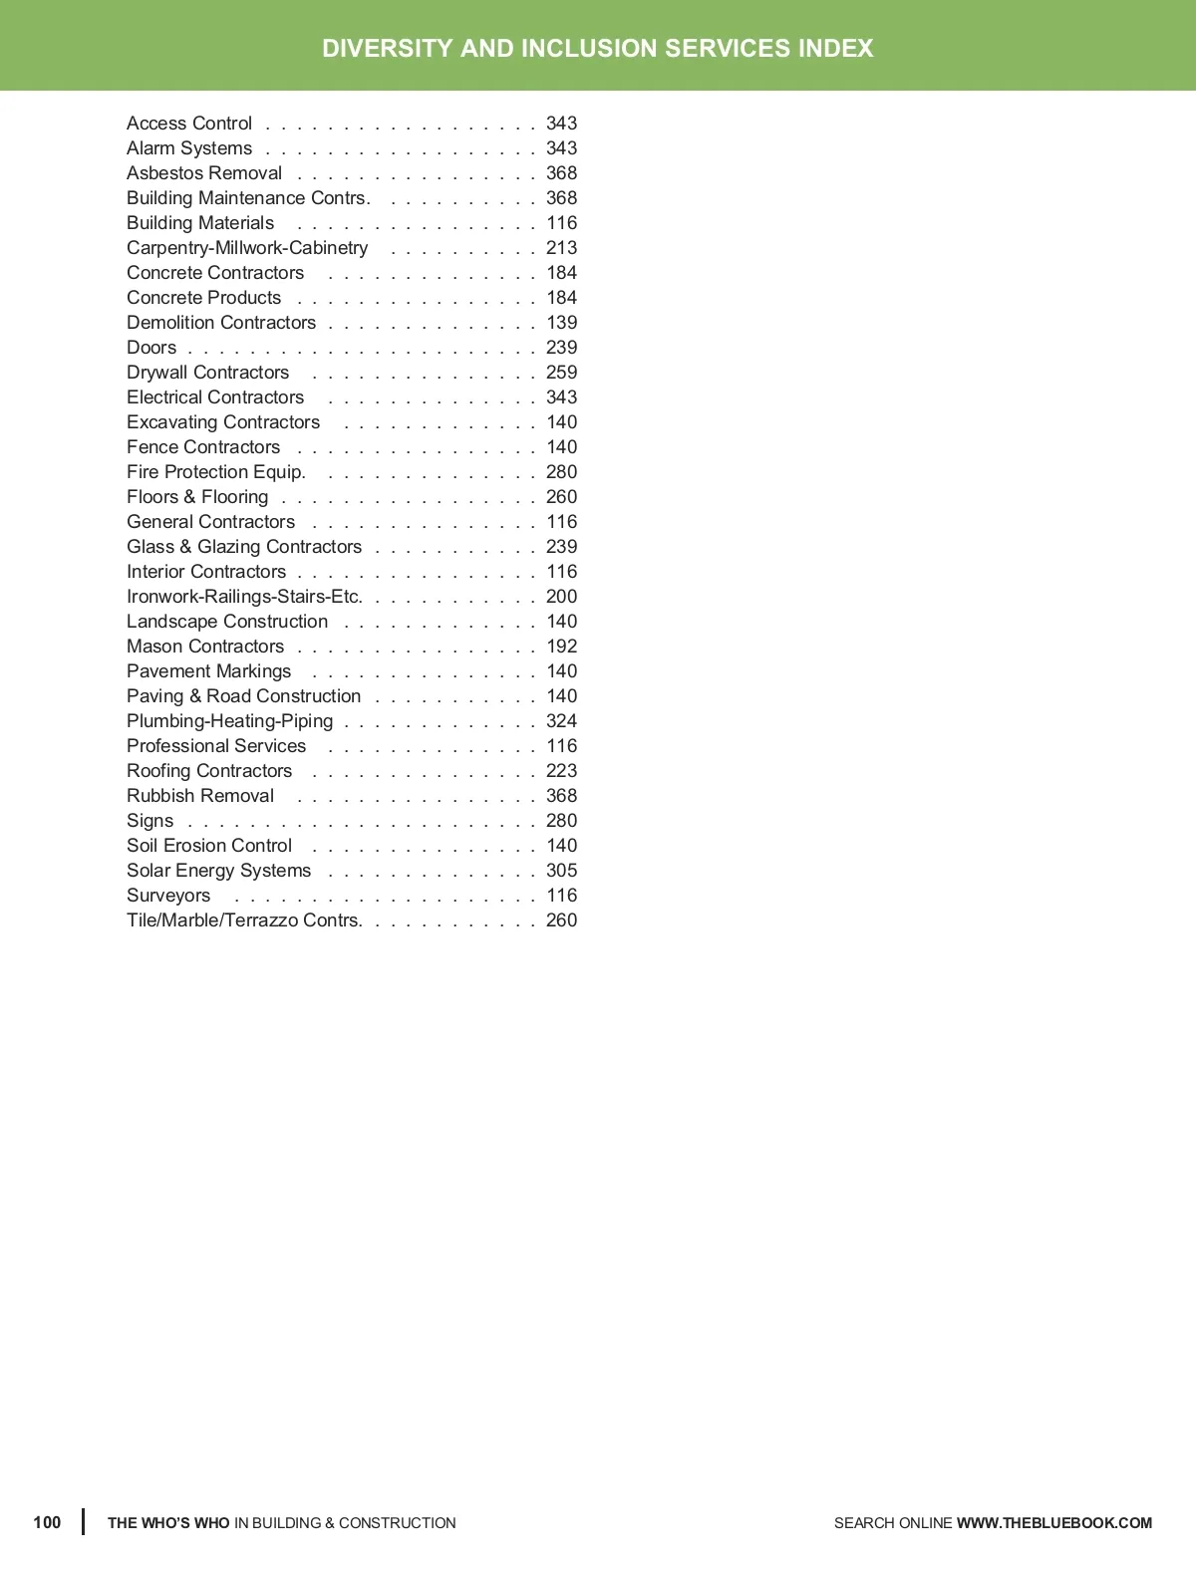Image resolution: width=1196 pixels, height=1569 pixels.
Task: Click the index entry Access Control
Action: (189, 124)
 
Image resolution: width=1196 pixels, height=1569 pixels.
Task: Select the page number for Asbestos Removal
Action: (561, 173)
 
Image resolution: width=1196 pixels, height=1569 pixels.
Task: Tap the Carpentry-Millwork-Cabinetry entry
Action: (247, 248)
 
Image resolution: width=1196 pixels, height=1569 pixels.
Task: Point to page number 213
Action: (561, 248)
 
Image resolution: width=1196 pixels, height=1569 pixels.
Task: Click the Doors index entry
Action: (151, 348)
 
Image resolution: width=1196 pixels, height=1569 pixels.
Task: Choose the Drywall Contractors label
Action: (207, 373)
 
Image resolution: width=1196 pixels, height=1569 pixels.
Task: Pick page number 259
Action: (561, 373)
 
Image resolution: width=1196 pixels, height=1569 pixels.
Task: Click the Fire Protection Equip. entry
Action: (215, 472)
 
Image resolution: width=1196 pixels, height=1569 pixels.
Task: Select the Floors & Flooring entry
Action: (197, 497)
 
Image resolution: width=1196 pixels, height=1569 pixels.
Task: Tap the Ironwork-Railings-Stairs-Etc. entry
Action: (244, 597)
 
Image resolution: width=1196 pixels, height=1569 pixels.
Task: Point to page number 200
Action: (561, 597)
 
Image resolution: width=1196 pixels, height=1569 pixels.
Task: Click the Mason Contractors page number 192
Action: (561, 647)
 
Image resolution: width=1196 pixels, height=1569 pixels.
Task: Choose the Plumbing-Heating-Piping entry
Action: (229, 721)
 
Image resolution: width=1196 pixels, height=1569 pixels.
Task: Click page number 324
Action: (561, 721)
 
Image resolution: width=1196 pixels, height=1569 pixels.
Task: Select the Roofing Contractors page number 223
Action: (561, 771)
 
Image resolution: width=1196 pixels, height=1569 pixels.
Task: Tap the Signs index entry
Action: (149, 821)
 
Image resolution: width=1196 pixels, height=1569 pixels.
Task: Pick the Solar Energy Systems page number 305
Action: (561, 871)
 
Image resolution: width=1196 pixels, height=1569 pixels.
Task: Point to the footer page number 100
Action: (47, 1522)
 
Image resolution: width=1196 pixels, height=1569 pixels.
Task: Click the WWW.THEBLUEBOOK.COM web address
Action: (1053, 1523)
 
